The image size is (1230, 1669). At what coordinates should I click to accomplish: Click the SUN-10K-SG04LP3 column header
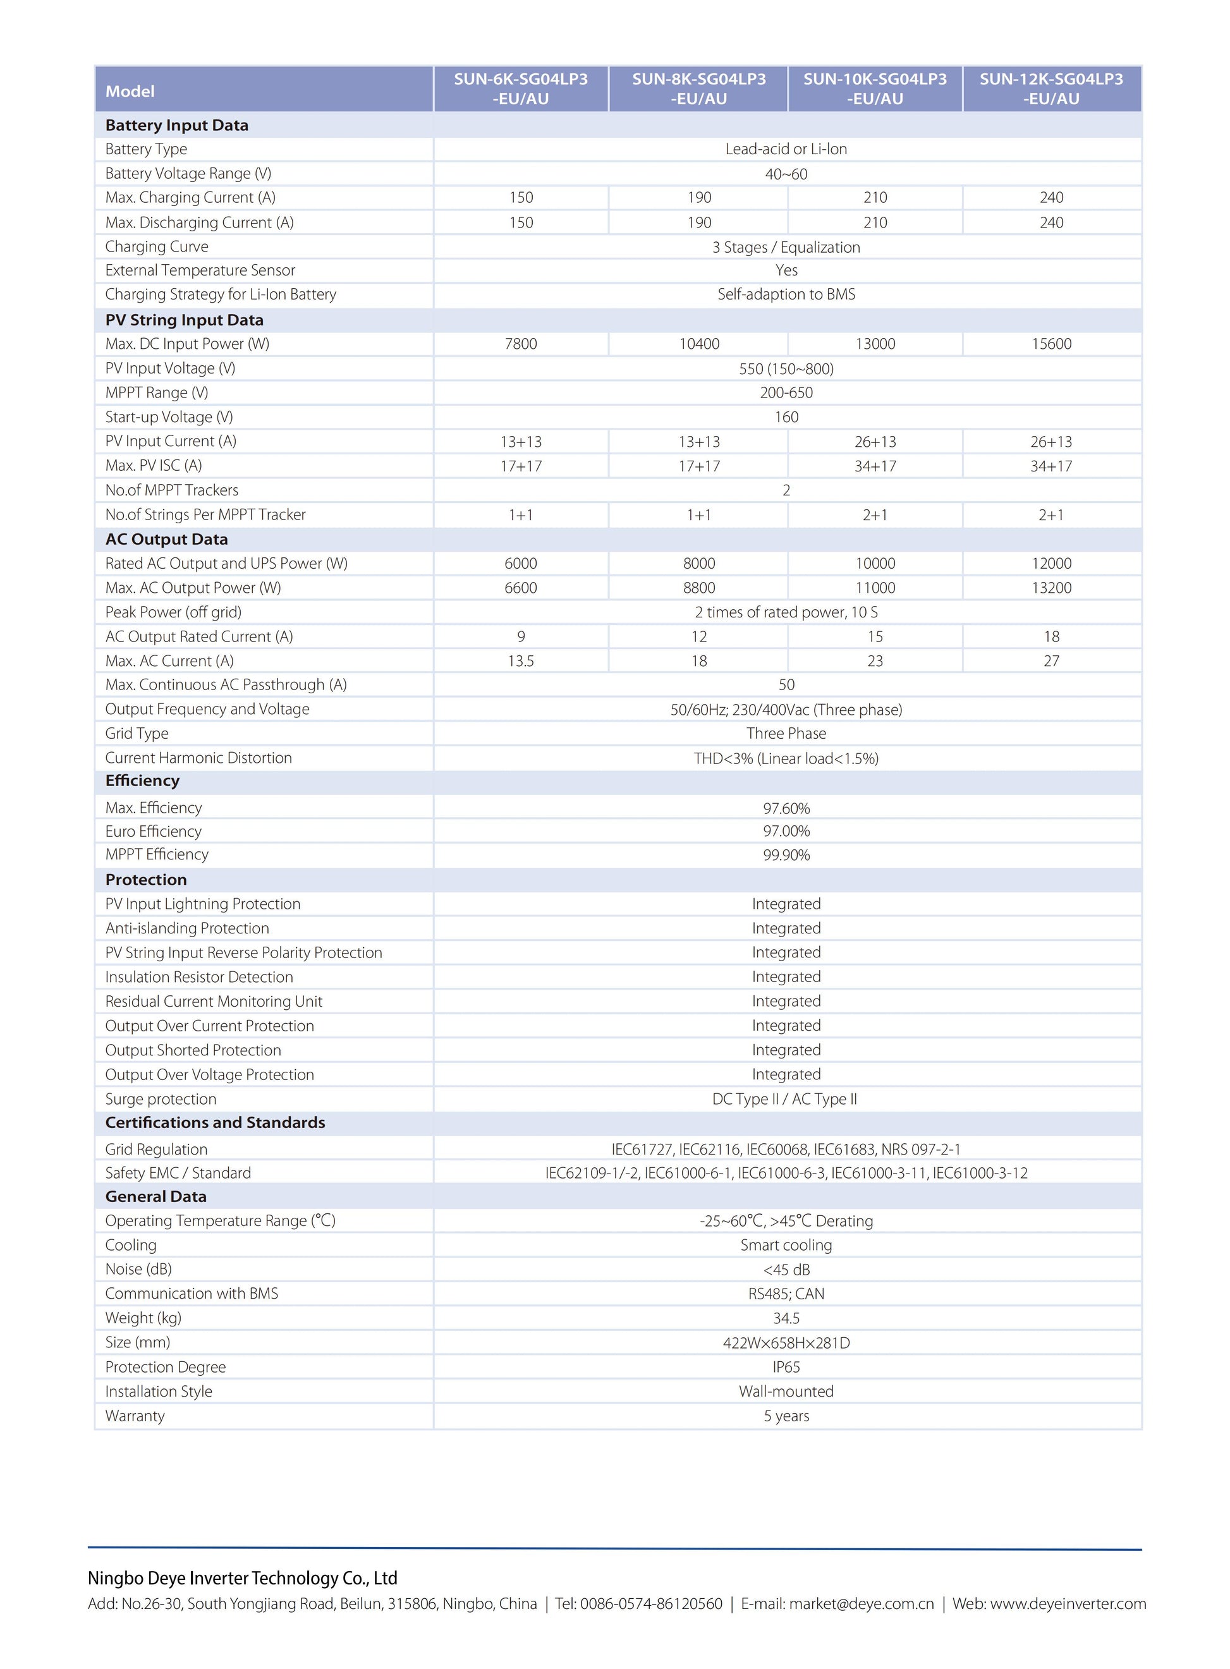point(875,88)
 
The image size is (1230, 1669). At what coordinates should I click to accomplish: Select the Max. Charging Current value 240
point(1051,197)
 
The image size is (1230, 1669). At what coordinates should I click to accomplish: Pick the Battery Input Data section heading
point(176,125)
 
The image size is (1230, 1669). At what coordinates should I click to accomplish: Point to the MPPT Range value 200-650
point(786,392)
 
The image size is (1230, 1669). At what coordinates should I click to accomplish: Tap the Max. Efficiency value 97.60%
point(786,808)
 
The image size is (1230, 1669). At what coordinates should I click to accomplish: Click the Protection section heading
point(146,879)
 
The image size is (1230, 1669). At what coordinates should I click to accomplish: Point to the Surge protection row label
point(161,1099)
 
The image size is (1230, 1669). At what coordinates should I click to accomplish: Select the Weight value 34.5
point(786,1318)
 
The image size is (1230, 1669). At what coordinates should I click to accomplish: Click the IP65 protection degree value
point(786,1367)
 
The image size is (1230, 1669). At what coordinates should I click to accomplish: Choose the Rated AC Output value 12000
point(1051,564)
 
